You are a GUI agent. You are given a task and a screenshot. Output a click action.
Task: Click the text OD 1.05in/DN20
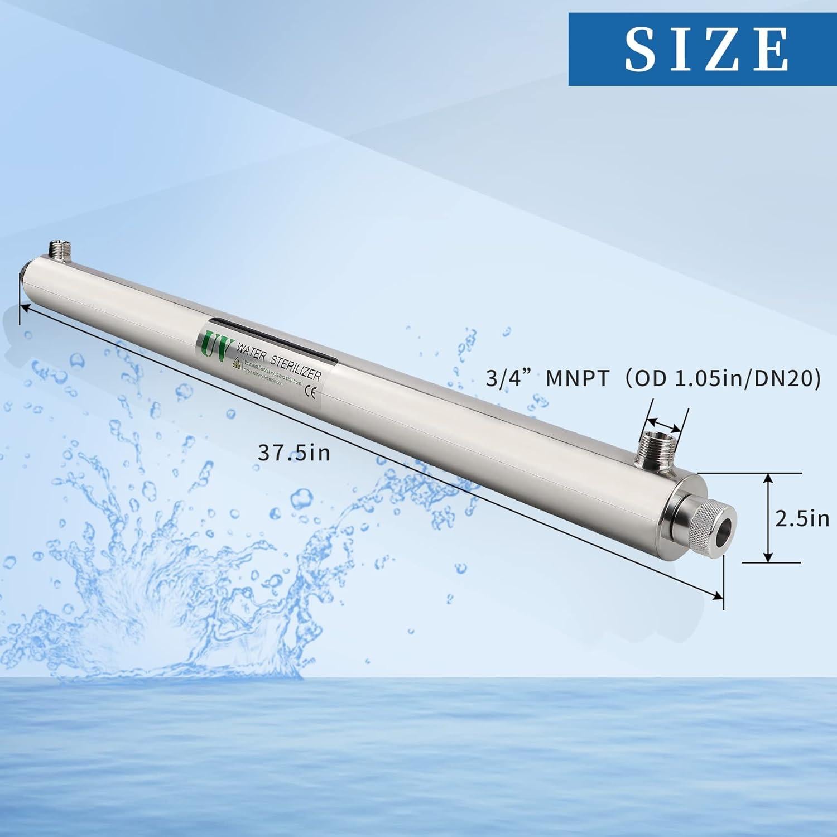[723, 379]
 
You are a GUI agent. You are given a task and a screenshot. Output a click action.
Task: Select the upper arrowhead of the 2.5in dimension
[768, 479]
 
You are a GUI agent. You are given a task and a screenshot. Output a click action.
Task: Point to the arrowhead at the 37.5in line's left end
[23, 306]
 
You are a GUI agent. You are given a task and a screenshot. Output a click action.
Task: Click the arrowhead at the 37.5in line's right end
[718, 597]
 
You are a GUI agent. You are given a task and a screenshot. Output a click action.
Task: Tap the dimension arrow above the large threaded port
[665, 420]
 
